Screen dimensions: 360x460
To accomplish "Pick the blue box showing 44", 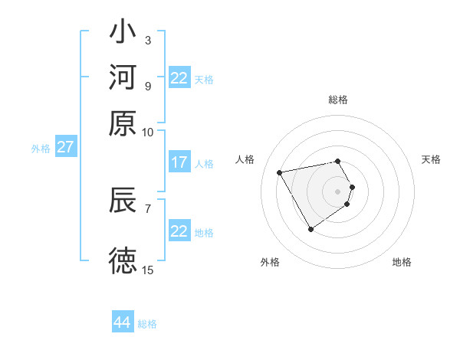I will tap(123, 322).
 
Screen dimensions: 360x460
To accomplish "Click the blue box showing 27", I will tap(64, 147).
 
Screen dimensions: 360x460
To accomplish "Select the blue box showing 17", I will tap(179, 162).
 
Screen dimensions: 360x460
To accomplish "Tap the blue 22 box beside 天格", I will tap(179, 78).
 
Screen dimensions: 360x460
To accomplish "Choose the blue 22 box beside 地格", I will tap(179, 231).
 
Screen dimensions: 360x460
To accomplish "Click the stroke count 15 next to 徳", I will tap(148, 270).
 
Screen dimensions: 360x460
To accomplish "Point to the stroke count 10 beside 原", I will tap(148, 132).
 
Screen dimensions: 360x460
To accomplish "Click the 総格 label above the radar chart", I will tap(338, 100).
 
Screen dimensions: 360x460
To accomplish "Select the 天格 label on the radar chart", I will tap(431, 159).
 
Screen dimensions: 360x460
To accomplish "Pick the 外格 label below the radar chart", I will tap(270, 262).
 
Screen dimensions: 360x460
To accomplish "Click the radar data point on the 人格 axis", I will tap(280, 172).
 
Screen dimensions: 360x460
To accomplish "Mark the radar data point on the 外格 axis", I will tap(310, 229).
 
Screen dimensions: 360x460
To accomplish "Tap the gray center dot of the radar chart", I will tap(338, 191).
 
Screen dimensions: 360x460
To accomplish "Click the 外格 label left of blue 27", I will tap(41, 149).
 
